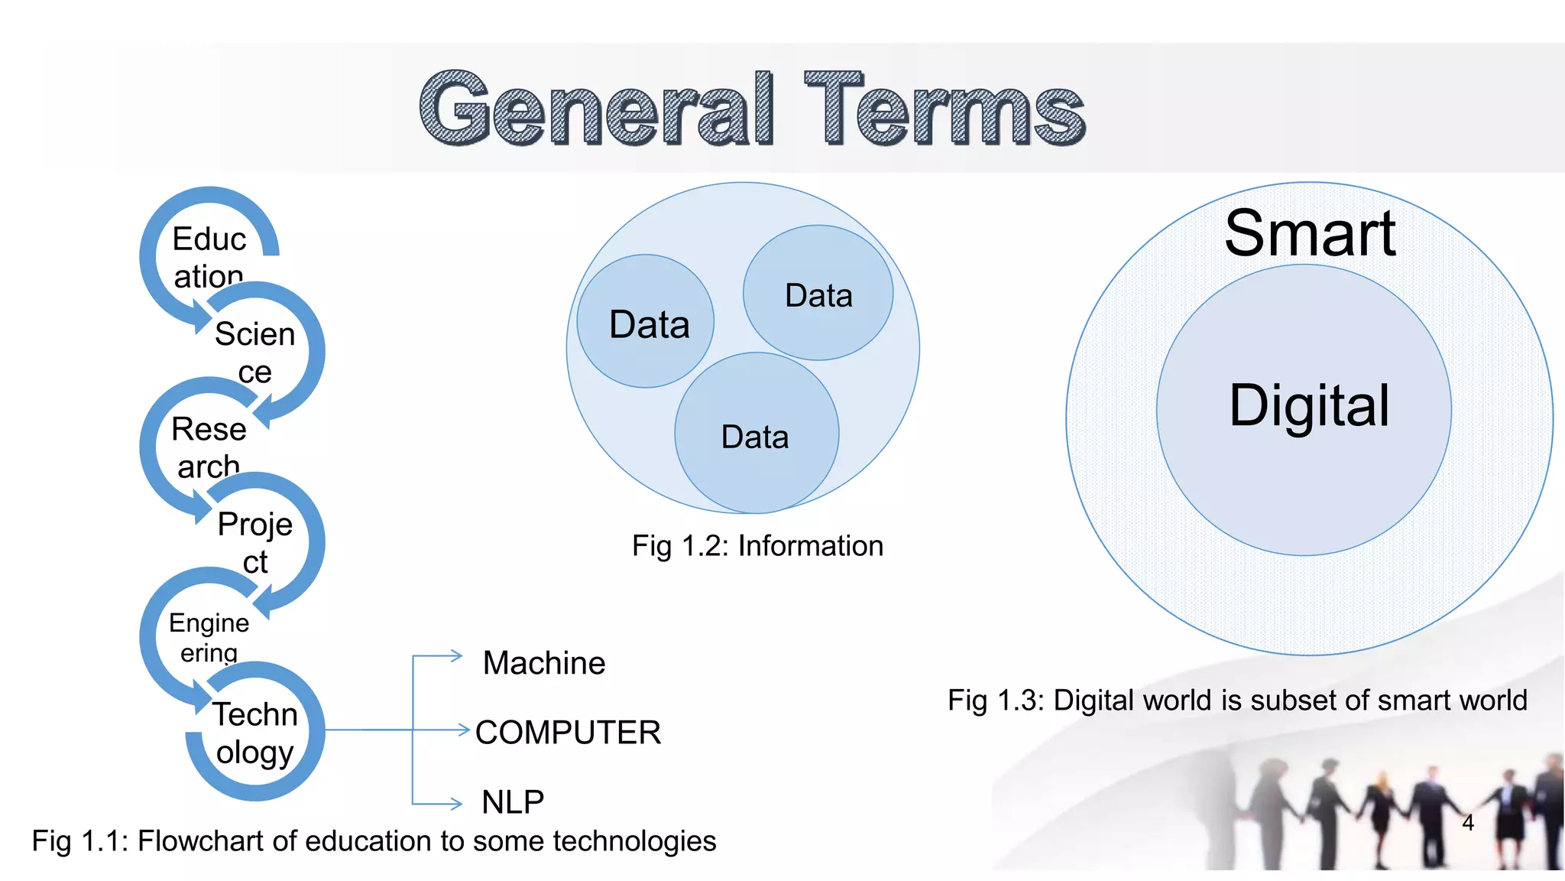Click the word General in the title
tap(597, 109)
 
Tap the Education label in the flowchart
tap(209, 257)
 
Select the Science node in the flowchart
tap(254, 353)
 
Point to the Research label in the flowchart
tap(209, 447)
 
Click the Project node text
tap(254, 542)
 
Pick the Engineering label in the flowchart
tap(209, 637)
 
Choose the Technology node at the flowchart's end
tap(254, 733)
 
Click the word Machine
tap(544, 663)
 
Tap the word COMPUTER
tap(568, 733)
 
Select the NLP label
tap(513, 802)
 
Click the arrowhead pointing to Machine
tap(457, 655)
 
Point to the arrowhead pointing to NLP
tap(457, 804)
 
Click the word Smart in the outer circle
tap(1310, 233)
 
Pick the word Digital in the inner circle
tap(1308, 405)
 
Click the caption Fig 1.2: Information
tap(757, 546)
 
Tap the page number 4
tap(1467, 823)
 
